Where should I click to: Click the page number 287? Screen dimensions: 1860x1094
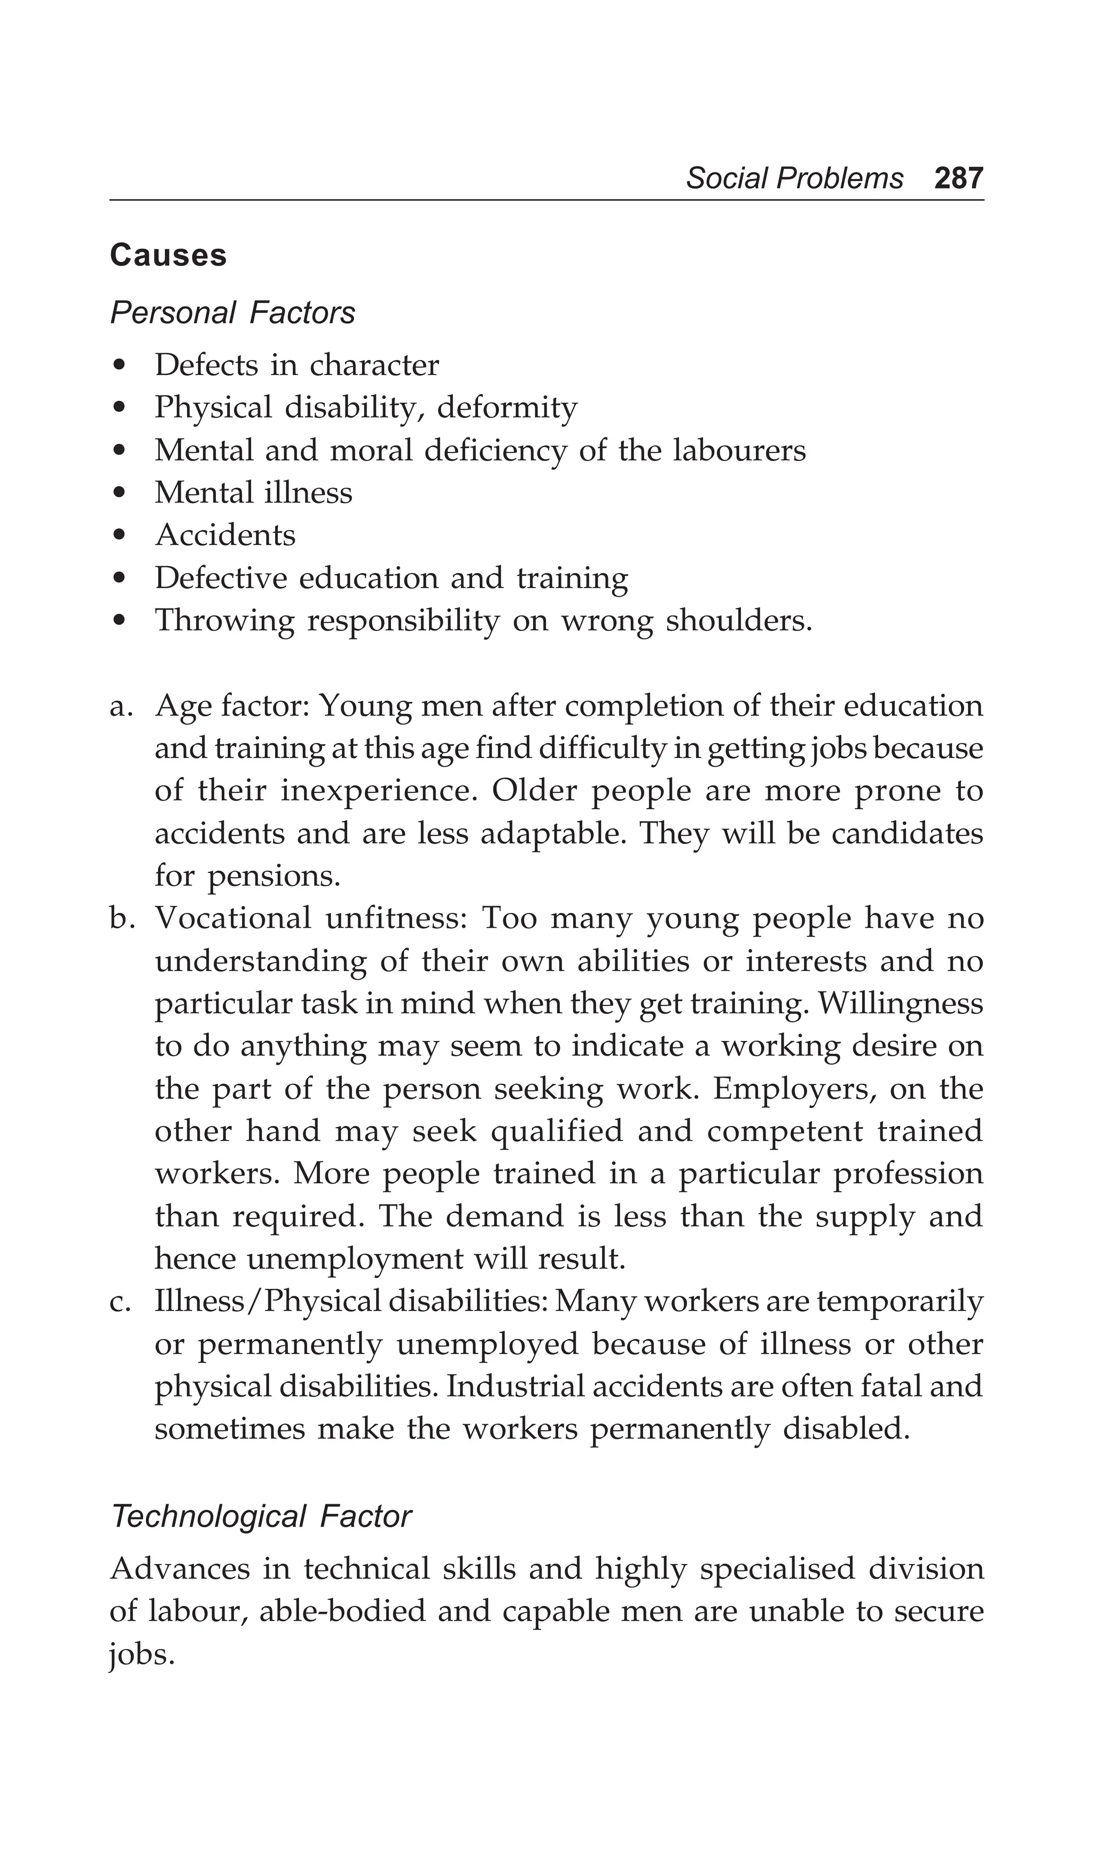(958, 178)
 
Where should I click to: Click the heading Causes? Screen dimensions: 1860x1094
(168, 255)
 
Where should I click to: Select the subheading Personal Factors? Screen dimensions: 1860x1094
(232, 313)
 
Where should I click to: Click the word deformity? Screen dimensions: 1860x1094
(507, 408)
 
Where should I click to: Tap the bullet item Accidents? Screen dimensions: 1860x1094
(225, 535)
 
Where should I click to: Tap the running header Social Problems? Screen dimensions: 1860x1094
(794, 178)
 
